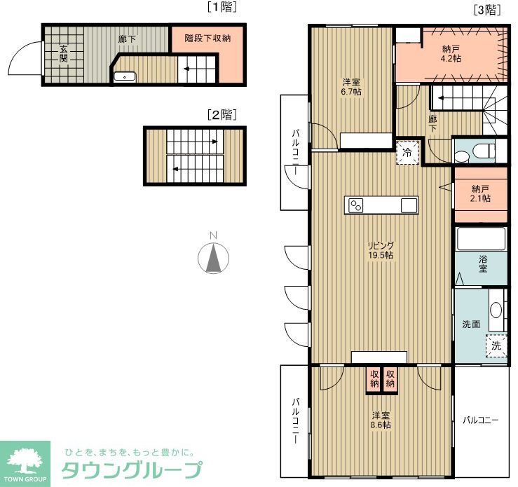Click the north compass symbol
click(x=214, y=257)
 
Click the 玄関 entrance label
click(x=63, y=54)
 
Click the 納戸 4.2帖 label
click(x=451, y=54)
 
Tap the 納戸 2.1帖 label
click(x=480, y=193)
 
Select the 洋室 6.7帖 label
click(x=351, y=86)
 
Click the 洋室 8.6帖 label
click(x=381, y=419)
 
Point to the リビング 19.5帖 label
click(x=381, y=250)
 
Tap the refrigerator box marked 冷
click(x=407, y=152)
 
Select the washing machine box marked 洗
click(x=496, y=345)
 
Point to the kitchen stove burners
click(x=356, y=205)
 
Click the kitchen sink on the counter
click(x=409, y=205)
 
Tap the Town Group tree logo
click(x=25, y=461)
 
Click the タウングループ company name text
click(x=132, y=469)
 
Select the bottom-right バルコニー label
click(x=480, y=420)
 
